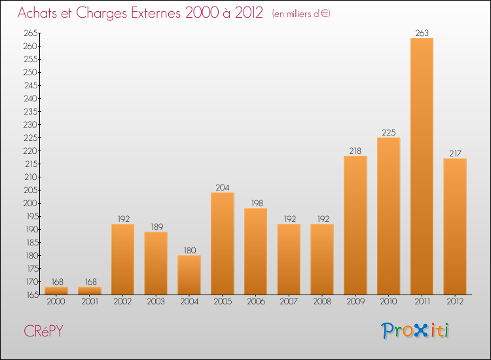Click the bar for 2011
click(x=422, y=166)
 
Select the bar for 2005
click(x=223, y=243)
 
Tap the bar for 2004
click(x=189, y=275)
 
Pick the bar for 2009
click(x=355, y=225)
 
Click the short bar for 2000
click(x=56, y=291)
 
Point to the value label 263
click(x=422, y=32)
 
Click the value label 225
click(x=388, y=132)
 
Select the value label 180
click(x=189, y=249)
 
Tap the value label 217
click(x=455, y=153)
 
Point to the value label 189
click(x=156, y=226)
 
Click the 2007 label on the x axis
click(x=289, y=302)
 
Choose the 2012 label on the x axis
click(x=455, y=302)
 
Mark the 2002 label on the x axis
click(x=122, y=302)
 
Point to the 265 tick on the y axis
click(x=30, y=33)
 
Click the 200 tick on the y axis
click(x=30, y=203)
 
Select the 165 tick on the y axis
click(x=30, y=295)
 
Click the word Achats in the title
click(x=41, y=13)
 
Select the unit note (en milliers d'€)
click(x=292, y=14)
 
